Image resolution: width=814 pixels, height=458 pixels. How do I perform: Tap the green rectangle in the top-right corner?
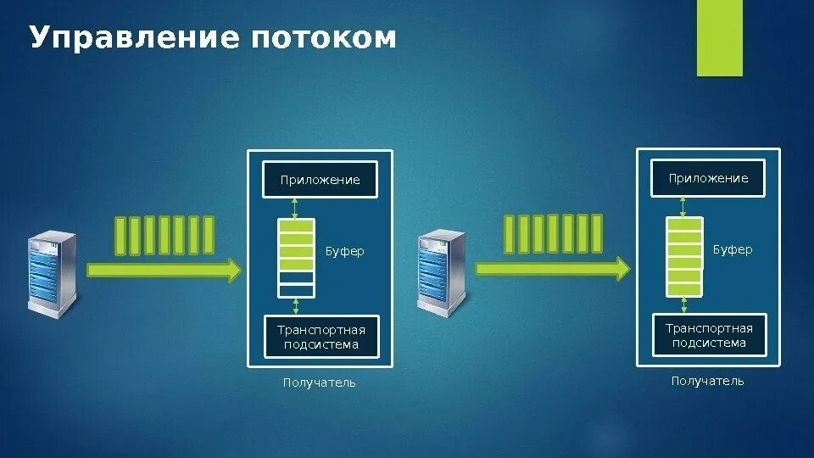[719, 38]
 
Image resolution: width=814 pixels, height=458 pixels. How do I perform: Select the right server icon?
[441, 271]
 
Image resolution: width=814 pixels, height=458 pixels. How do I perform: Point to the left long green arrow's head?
[232, 271]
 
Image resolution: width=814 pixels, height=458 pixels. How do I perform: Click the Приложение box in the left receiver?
[320, 180]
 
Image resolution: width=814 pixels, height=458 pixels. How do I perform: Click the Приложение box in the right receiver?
[708, 178]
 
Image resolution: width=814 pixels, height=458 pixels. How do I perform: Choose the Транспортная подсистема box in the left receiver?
[320, 338]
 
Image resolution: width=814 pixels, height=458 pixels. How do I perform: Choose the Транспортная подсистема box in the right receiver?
[709, 335]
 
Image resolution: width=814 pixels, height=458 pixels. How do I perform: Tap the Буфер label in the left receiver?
[345, 252]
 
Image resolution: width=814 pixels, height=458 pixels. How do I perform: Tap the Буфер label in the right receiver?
[733, 250]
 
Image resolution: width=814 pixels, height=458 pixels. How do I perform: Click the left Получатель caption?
[320, 383]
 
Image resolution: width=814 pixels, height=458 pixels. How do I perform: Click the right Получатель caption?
[708, 382]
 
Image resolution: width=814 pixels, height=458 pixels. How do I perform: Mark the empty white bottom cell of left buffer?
[296, 290]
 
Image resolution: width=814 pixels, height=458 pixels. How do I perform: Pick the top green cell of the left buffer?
[296, 226]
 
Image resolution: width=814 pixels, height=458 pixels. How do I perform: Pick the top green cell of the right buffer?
[684, 224]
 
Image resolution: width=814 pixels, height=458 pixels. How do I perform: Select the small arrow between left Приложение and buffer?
[295, 208]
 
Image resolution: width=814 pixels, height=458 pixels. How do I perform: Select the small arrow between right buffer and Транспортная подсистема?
[684, 304]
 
